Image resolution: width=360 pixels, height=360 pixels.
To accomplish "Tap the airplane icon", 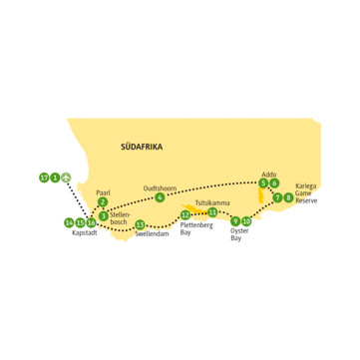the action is point(66,178).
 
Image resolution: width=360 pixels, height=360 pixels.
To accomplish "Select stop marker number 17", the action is point(43,178).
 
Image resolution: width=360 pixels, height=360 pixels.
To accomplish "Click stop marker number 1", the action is point(54,178).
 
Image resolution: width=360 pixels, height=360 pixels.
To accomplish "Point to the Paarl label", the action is point(102,190).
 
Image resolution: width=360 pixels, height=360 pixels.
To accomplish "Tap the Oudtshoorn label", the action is point(160,185).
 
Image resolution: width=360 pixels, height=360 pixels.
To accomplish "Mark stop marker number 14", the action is point(68,221).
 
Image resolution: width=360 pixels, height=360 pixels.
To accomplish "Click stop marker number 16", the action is point(91,222).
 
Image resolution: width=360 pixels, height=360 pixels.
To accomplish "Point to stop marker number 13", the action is point(140,224).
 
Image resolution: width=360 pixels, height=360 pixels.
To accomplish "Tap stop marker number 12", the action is point(186,214).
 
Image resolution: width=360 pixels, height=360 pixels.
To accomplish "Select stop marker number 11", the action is point(212,211).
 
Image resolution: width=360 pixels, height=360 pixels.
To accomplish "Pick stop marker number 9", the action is point(234,222).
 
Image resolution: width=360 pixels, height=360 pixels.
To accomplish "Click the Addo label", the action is point(266,172).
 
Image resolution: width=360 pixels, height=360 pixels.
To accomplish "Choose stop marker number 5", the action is point(262,183).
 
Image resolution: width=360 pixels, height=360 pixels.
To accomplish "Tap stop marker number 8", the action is point(288,197).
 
